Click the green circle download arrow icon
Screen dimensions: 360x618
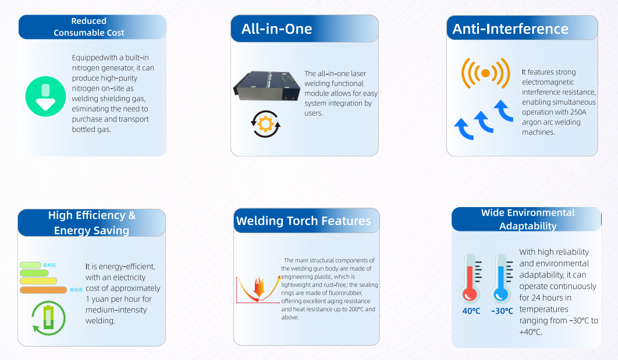45,96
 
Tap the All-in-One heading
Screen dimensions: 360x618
277,29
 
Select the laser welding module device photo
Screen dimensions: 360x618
265,87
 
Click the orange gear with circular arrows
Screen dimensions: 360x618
265,123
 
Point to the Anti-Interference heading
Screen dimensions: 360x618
510,29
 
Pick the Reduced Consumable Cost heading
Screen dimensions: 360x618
89,27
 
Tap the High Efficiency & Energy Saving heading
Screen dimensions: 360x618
92,223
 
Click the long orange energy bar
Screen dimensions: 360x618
44,290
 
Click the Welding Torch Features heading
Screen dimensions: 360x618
303,221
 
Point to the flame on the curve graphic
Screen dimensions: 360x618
258,287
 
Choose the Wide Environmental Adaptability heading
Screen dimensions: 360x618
528,219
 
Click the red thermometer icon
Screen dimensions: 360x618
470,278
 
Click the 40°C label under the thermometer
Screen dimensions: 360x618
471,311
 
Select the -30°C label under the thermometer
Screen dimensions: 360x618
502,311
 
